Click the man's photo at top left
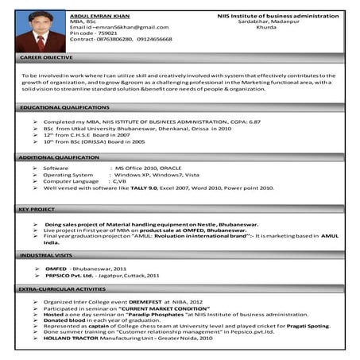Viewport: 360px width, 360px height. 39,31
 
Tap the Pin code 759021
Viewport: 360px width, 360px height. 92,34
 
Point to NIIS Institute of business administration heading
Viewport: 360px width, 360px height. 277,15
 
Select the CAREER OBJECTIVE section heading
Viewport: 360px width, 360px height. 48,59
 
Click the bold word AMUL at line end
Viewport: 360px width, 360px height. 330,236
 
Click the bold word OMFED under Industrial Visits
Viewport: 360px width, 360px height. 56,269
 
